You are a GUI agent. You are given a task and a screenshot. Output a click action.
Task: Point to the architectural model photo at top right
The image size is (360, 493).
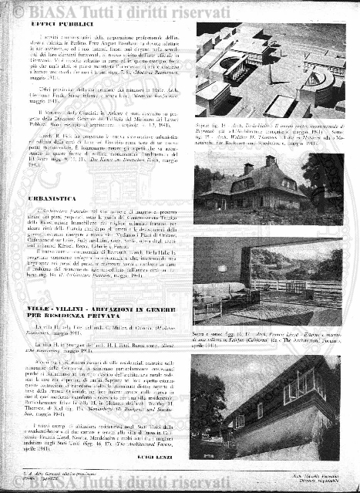pos(270,69)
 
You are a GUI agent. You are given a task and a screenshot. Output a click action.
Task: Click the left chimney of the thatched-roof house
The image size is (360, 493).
pos(248,167)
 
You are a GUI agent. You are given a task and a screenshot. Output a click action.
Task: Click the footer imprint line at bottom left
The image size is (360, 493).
pos(54,482)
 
